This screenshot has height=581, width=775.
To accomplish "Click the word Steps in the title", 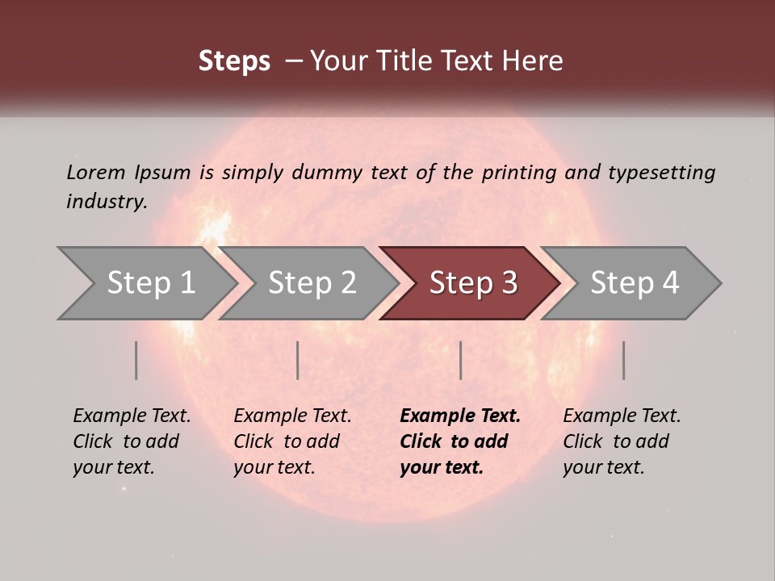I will click(234, 61).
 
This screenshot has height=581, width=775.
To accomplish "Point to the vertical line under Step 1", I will click(136, 360).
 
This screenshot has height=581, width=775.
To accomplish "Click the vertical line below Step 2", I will click(298, 360).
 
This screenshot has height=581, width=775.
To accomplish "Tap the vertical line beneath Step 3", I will click(460, 360).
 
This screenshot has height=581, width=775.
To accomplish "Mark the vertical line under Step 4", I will click(623, 360).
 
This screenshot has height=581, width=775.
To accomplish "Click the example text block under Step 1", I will click(132, 441).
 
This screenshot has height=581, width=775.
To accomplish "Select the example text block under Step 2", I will click(292, 441).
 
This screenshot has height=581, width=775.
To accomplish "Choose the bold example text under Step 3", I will click(460, 441).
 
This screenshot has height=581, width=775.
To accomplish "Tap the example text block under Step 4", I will click(622, 441).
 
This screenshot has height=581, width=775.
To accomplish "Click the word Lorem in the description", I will click(95, 172).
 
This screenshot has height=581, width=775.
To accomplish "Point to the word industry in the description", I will click(106, 202).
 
